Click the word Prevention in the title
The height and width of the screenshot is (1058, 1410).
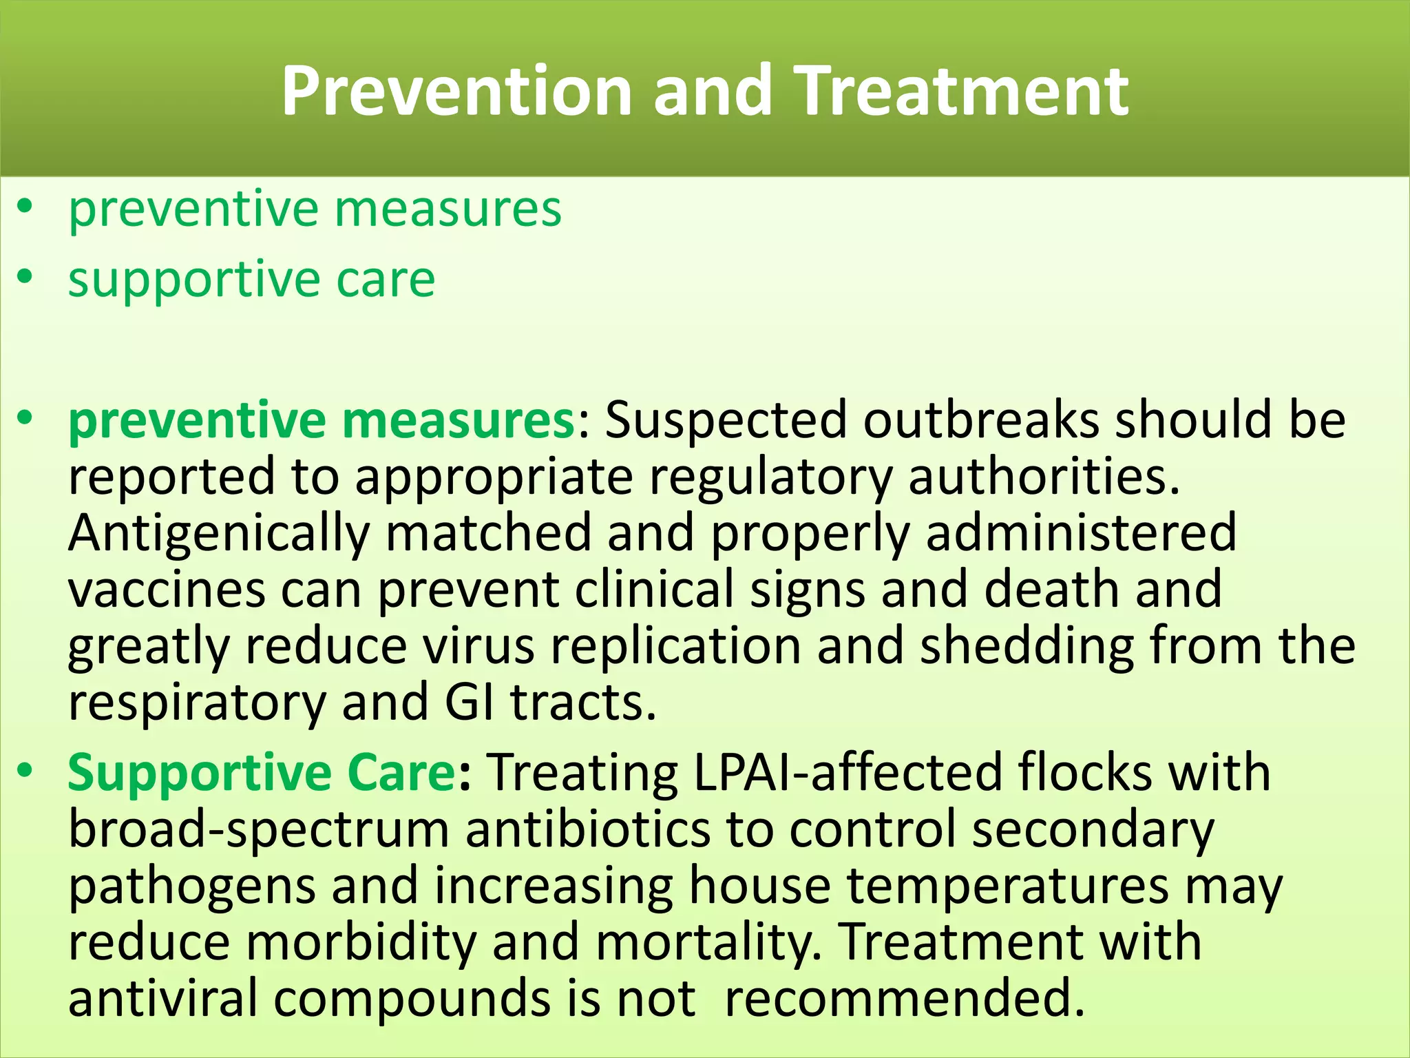pos(456,91)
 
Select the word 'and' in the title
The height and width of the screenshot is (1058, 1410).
pos(712,91)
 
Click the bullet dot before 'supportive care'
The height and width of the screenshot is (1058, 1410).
pos(25,277)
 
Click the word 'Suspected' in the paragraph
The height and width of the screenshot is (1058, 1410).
pos(725,421)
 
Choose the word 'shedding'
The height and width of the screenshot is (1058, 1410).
pos(1027,646)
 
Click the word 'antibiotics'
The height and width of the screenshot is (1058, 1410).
pos(587,829)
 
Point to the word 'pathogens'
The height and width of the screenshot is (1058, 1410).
pos(191,886)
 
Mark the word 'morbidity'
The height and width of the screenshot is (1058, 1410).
pos(361,942)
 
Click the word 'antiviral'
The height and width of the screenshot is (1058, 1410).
pos(162,998)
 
